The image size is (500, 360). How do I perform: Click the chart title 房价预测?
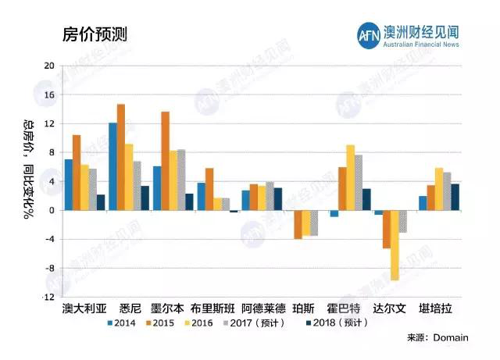click(x=95, y=34)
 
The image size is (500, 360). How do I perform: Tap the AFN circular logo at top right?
click(x=367, y=34)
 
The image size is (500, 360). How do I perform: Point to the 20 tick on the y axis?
click(x=49, y=66)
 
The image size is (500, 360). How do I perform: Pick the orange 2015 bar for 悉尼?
click(x=121, y=156)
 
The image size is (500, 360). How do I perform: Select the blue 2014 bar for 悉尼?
click(x=112, y=166)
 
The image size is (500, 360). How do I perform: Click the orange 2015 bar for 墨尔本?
click(x=165, y=160)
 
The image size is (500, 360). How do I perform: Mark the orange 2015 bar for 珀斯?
click(x=298, y=224)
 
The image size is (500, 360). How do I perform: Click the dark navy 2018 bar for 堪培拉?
click(x=455, y=197)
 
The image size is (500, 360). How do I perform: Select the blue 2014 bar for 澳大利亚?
click(x=69, y=184)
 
